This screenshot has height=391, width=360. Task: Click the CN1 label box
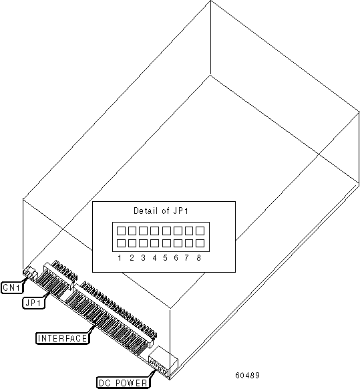pyautogui.click(x=12, y=287)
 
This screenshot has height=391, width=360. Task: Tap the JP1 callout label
pyautogui.click(x=33, y=303)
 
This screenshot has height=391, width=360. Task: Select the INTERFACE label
pyautogui.click(x=62, y=338)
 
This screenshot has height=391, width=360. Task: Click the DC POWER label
pyautogui.click(x=123, y=382)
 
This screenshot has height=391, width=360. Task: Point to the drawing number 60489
pyautogui.click(x=247, y=375)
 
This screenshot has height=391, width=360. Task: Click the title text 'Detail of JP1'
pyautogui.click(x=161, y=211)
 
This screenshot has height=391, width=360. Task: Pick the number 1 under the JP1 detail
pyautogui.click(x=120, y=258)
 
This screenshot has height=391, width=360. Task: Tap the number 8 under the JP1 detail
pyautogui.click(x=198, y=258)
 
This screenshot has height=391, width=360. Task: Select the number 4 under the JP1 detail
pyautogui.click(x=154, y=258)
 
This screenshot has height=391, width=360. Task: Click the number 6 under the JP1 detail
pyautogui.click(x=176, y=258)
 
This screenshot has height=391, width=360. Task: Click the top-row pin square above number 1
pyautogui.click(x=121, y=231)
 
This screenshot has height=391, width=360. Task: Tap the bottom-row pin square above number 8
pyautogui.click(x=200, y=243)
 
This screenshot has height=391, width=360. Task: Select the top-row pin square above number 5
pyautogui.click(x=166, y=231)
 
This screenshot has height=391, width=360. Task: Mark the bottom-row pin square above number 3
pyautogui.click(x=143, y=243)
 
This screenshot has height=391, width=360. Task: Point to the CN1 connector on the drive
pyautogui.click(x=29, y=273)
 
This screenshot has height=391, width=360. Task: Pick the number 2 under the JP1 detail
pyautogui.click(x=132, y=258)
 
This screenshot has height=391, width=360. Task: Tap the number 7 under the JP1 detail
pyautogui.click(x=187, y=258)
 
